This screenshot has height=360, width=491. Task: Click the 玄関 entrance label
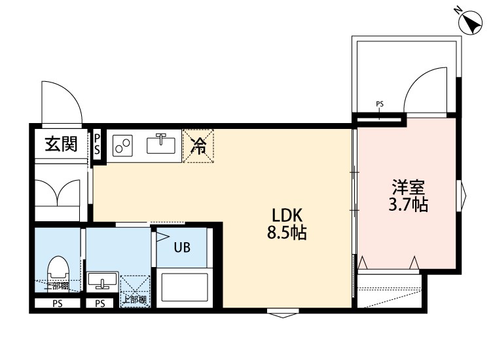point(61,144)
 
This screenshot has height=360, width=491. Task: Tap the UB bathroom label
point(182,247)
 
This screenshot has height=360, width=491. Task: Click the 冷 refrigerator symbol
point(198,147)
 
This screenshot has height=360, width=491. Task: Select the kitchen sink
point(160,142)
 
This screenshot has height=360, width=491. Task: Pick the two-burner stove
point(122,145)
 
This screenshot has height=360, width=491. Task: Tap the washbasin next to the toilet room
point(101,281)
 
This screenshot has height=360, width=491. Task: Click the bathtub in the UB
point(183,287)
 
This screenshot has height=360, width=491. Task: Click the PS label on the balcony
point(380,104)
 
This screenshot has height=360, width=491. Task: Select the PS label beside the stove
point(98,144)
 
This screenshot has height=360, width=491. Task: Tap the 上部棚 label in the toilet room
point(57,286)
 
